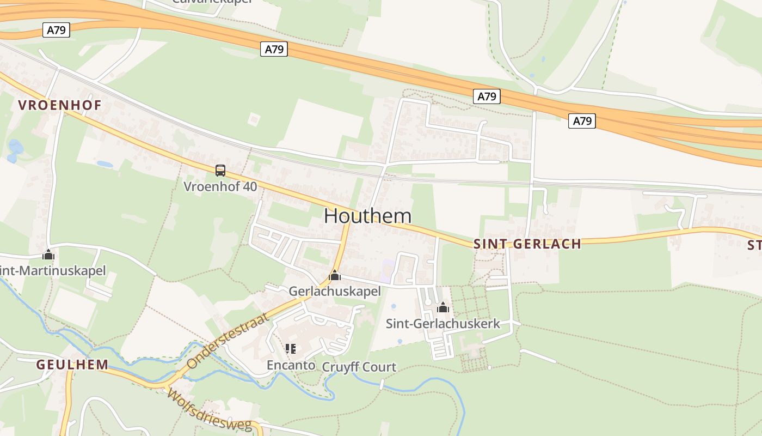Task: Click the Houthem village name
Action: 367,216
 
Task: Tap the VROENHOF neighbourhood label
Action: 60,105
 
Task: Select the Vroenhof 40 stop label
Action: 220,186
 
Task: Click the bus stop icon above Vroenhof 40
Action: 220,171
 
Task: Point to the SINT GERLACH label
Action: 527,244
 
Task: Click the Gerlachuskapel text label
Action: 334,291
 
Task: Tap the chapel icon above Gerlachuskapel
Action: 334,275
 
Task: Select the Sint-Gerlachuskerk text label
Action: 443,323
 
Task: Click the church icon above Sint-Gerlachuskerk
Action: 443,307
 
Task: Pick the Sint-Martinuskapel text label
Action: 52,270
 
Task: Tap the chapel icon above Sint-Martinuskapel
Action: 48,255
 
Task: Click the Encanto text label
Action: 291,365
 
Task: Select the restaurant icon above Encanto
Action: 290,349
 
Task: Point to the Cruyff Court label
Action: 359,367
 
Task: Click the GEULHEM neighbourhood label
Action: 72,365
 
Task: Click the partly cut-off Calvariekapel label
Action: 212,2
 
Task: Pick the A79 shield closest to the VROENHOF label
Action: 56,30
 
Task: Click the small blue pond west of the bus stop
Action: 105,163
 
